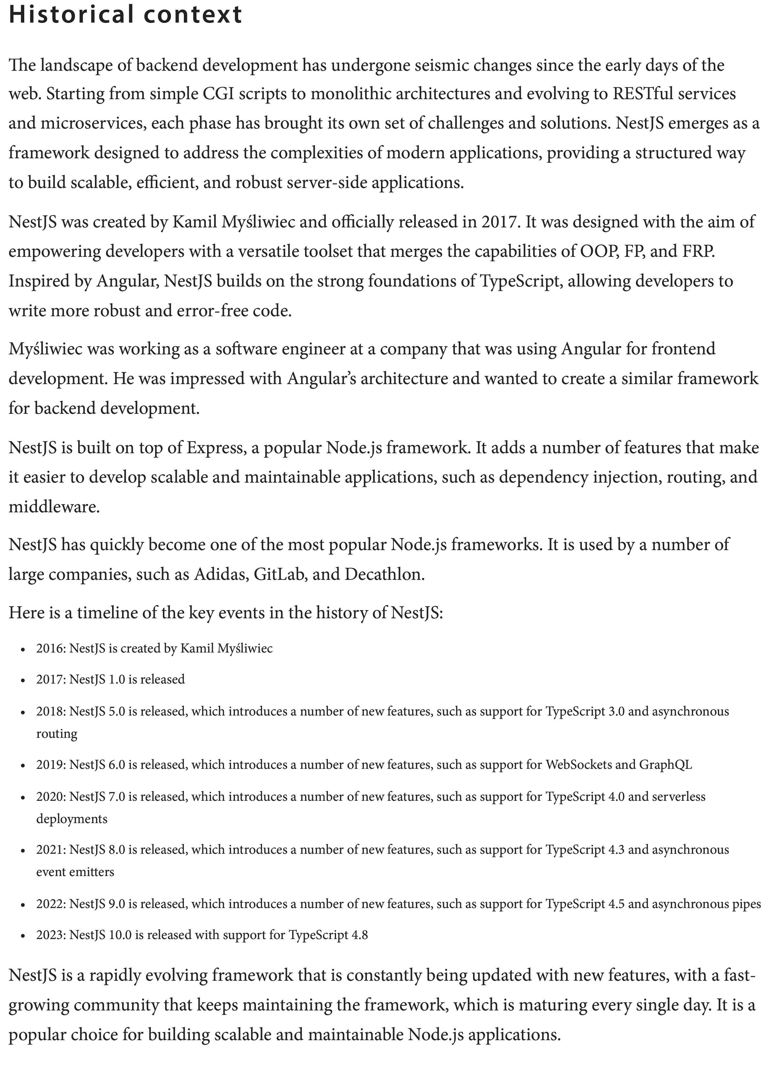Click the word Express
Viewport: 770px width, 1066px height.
(x=216, y=447)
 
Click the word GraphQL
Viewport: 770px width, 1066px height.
(x=665, y=765)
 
